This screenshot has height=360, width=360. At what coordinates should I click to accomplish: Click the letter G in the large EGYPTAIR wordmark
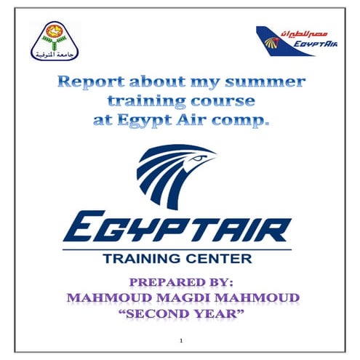113,228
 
